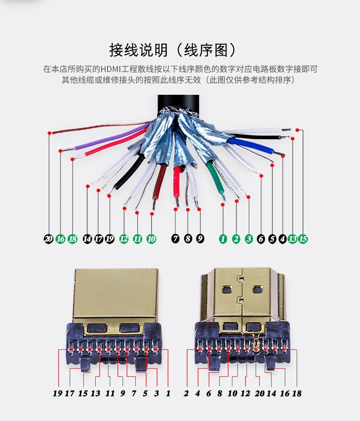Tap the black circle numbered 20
tap(48, 239)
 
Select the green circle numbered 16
tap(60, 239)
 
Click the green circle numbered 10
tap(151, 239)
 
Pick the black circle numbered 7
tap(175, 239)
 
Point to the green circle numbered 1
tap(223, 239)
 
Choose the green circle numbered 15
tap(303, 239)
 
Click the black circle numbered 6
tap(261, 239)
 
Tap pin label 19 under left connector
tap(57, 393)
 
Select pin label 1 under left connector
tap(168, 393)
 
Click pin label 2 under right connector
tap(186, 393)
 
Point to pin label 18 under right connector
tap(297, 393)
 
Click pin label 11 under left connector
tap(110, 393)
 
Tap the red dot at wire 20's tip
tap(49, 133)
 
